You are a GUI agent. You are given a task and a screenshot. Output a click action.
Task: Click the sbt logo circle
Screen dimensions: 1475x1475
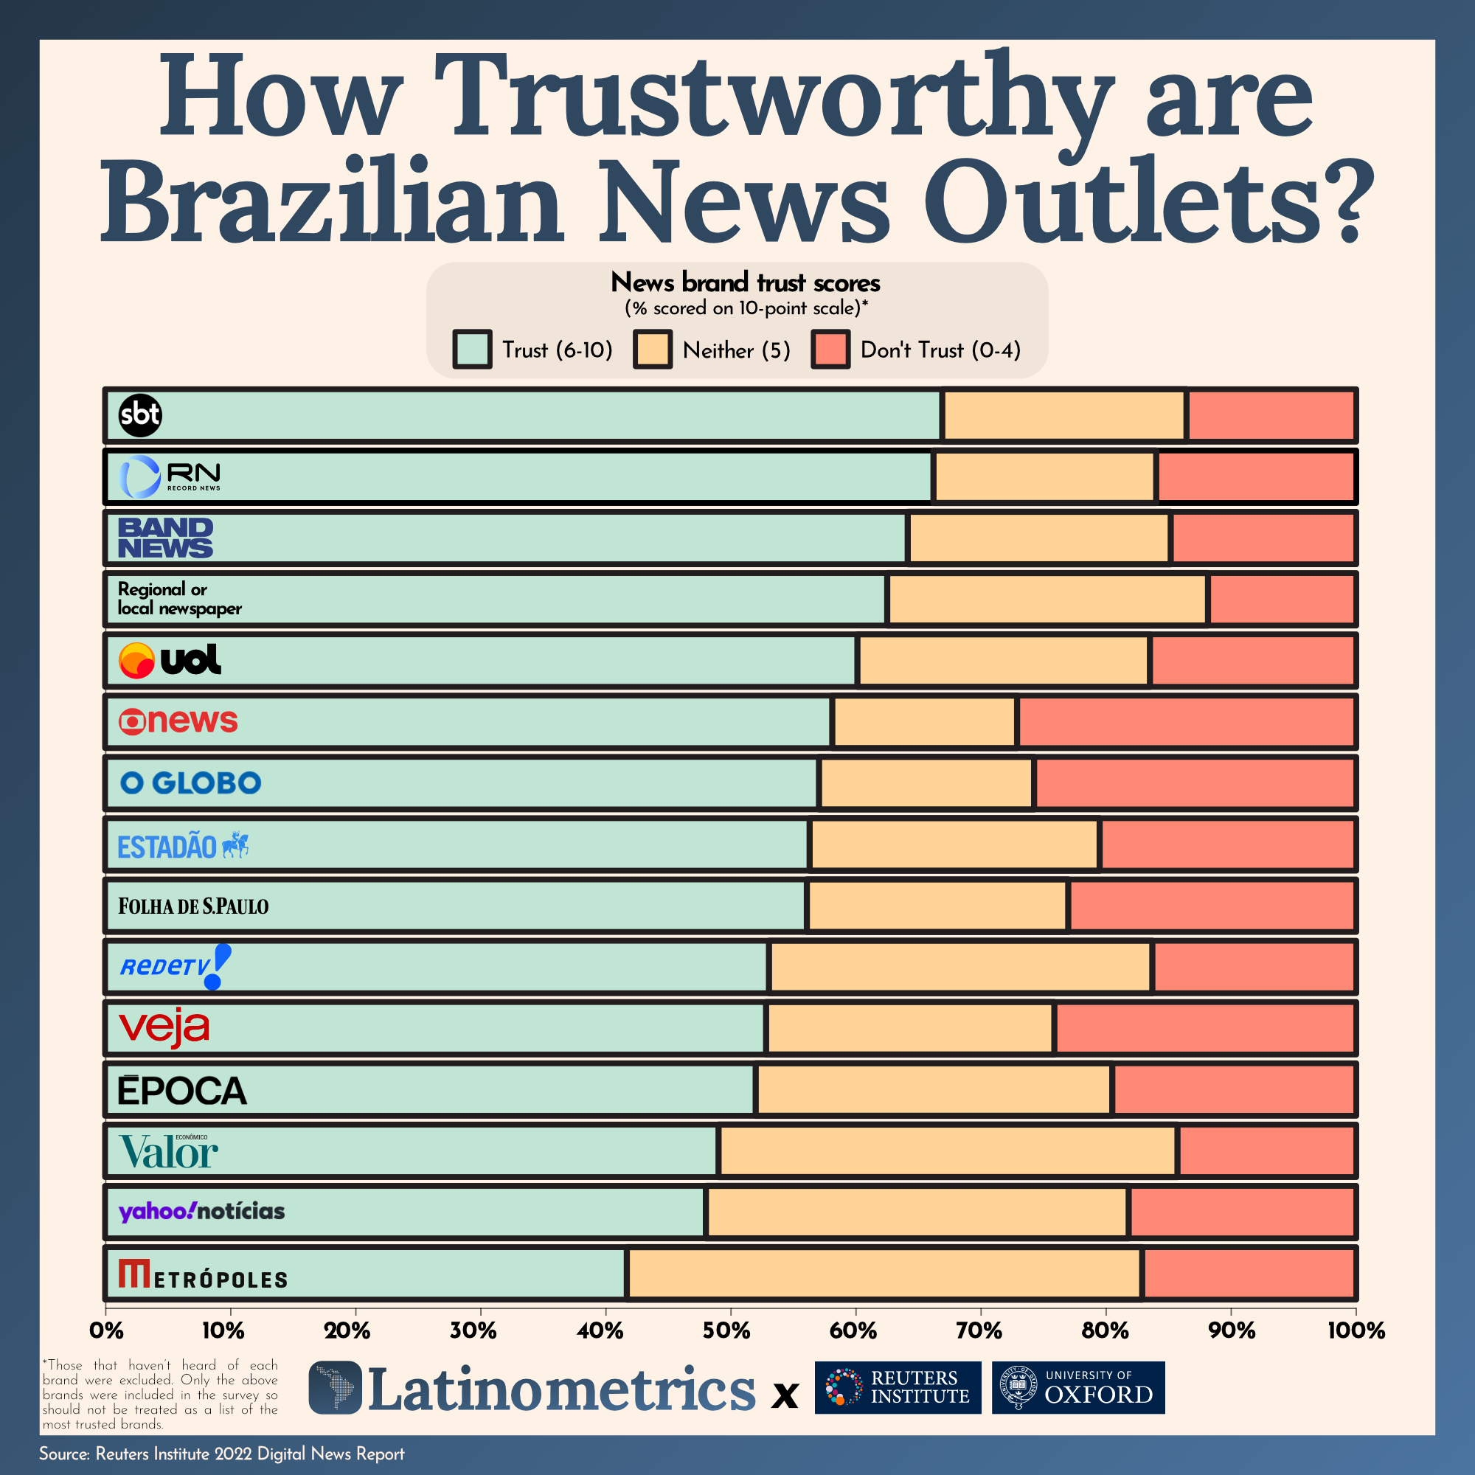139,415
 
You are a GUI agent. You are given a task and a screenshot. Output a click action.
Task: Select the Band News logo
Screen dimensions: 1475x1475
165,538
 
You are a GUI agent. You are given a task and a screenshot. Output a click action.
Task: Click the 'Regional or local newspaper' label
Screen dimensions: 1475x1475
179,599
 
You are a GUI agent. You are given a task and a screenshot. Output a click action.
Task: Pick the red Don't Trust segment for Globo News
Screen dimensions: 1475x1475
1187,721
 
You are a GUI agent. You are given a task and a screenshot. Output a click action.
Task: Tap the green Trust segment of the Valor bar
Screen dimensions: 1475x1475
458,1150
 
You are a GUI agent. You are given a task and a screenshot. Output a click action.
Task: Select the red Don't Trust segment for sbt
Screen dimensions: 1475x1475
1271,415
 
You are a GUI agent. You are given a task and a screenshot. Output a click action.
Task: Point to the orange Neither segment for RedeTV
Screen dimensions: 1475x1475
960,967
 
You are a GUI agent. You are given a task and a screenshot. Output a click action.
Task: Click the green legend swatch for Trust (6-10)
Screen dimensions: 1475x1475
472,350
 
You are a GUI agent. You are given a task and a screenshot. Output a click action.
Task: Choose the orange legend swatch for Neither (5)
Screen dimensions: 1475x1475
652,350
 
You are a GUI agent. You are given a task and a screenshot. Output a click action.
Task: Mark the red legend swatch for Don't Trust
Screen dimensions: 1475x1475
830,350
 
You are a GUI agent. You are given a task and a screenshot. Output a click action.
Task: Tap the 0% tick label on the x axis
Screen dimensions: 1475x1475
106,1330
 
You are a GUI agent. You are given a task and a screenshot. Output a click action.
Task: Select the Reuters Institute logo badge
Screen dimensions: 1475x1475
898,1387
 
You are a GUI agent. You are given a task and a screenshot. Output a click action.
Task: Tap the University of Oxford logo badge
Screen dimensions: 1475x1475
1078,1387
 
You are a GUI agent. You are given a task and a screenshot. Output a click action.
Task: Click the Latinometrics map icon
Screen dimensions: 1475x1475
335,1386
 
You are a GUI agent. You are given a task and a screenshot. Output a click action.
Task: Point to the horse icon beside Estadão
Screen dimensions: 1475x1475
236,844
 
